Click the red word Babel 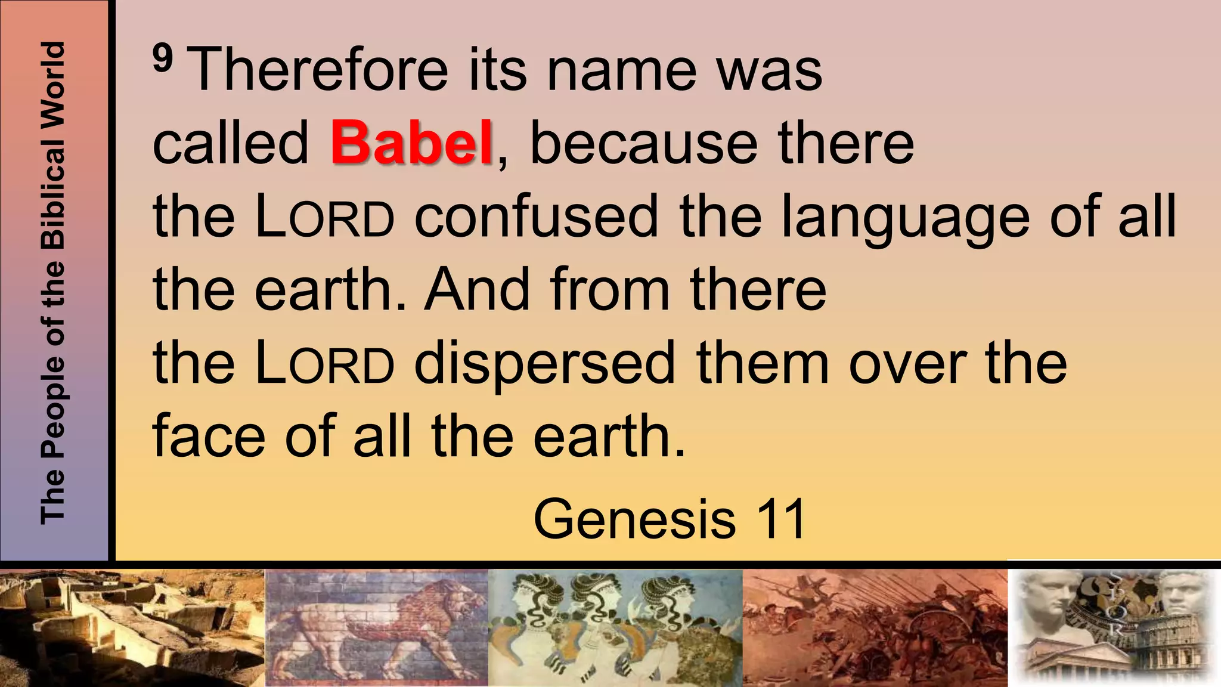pyautogui.click(x=411, y=143)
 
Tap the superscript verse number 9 pyautogui.click(x=163, y=58)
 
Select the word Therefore pyautogui.click(x=320, y=70)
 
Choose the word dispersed pyautogui.click(x=544, y=364)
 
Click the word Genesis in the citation pyautogui.click(x=634, y=519)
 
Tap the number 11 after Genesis pyautogui.click(x=782, y=519)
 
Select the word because pyautogui.click(x=643, y=143)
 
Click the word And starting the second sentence pyautogui.click(x=477, y=289)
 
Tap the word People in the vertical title pyautogui.click(x=52, y=405)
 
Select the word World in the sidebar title pyautogui.click(x=52, y=81)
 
